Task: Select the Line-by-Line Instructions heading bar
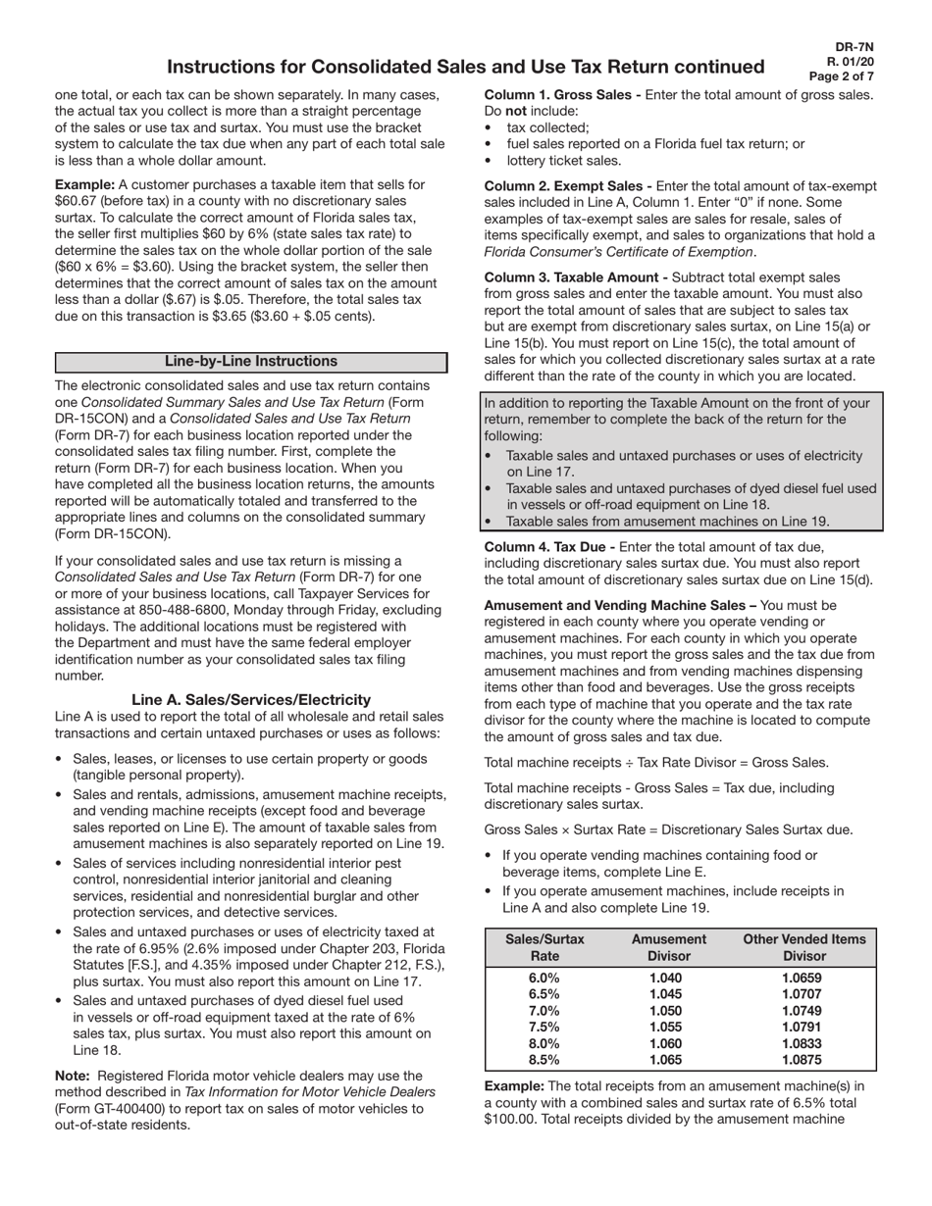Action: (x=251, y=362)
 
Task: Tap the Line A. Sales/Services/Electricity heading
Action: (x=251, y=699)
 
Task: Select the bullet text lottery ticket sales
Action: (x=563, y=161)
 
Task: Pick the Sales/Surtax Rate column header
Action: (x=544, y=947)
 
